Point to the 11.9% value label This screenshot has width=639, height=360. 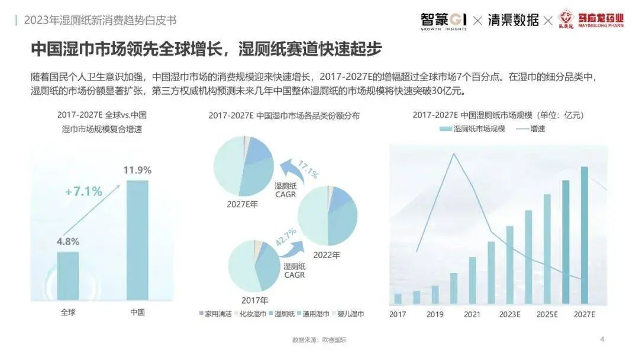click(x=137, y=171)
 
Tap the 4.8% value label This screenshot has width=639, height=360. click(x=68, y=242)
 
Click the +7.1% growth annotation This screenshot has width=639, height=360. click(x=83, y=191)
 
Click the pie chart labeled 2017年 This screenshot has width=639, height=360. click(x=254, y=266)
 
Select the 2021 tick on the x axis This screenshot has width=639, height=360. click(x=472, y=314)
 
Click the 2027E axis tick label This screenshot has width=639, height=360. click(x=584, y=314)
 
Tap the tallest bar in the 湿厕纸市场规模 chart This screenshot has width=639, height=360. click(x=585, y=235)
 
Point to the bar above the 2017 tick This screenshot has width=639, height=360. click(x=398, y=298)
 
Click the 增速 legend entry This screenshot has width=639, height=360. click(x=531, y=128)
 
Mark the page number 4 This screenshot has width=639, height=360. click(x=602, y=339)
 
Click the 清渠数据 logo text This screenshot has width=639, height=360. click(x=513, y=20)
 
